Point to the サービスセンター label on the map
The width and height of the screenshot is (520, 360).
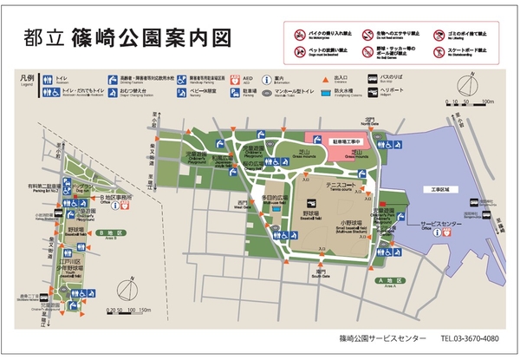pos(425,223)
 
